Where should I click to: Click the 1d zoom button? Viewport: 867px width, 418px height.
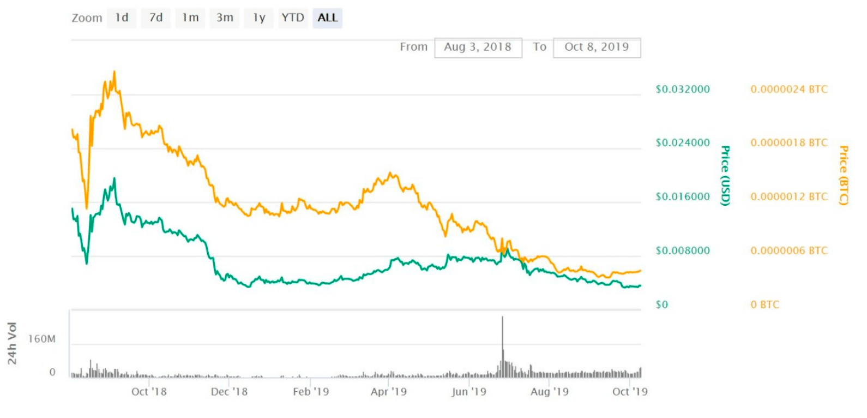pyautogui.click(x=122, y=18)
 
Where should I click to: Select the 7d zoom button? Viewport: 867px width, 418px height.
pyautogui.click(x=156, y=18)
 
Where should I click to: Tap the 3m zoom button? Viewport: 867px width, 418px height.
pyautogui.click(x=225, y=18)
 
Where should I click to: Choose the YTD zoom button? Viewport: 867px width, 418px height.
pyautogui.click(x=293, y=18)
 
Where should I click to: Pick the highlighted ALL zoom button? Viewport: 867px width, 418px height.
pyautogui.click(x=327, y=18)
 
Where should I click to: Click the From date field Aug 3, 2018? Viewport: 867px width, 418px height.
pyautogui.click(x=478, y=47)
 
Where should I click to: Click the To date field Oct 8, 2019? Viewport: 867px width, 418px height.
pyautogui.click(x=597, y=47)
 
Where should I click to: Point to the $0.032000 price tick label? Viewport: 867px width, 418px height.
pyautogui.click(x=683, y=89)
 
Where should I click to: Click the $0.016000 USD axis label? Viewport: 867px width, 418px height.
pyautogui.click(x=683, y=196)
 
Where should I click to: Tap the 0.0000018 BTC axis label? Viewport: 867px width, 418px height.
pyautogui.click(x=788, y=143)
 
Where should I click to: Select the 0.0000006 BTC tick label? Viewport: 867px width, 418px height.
pyautogui.click(x=788, y=250)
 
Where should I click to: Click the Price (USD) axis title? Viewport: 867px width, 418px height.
pyautogui.click(x=725, y=175)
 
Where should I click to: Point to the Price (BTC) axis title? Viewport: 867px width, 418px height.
pyautogui.click(x=844, y=175)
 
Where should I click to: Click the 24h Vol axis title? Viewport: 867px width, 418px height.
pyautogui.click(x=12, y=343)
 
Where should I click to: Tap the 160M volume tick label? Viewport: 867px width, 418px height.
pyautogui.click(x=42, y=339)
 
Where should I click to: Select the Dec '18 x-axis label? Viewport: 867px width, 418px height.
pyautogui.click(x=229, y=392)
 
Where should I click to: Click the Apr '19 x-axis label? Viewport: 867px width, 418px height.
pyautogui.click(x=388, y=392)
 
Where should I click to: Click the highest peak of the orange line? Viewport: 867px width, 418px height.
pyautogui.click(x=114, y=72)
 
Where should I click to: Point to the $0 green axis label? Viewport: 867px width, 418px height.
pyautogui.click(x=661, y=304)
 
